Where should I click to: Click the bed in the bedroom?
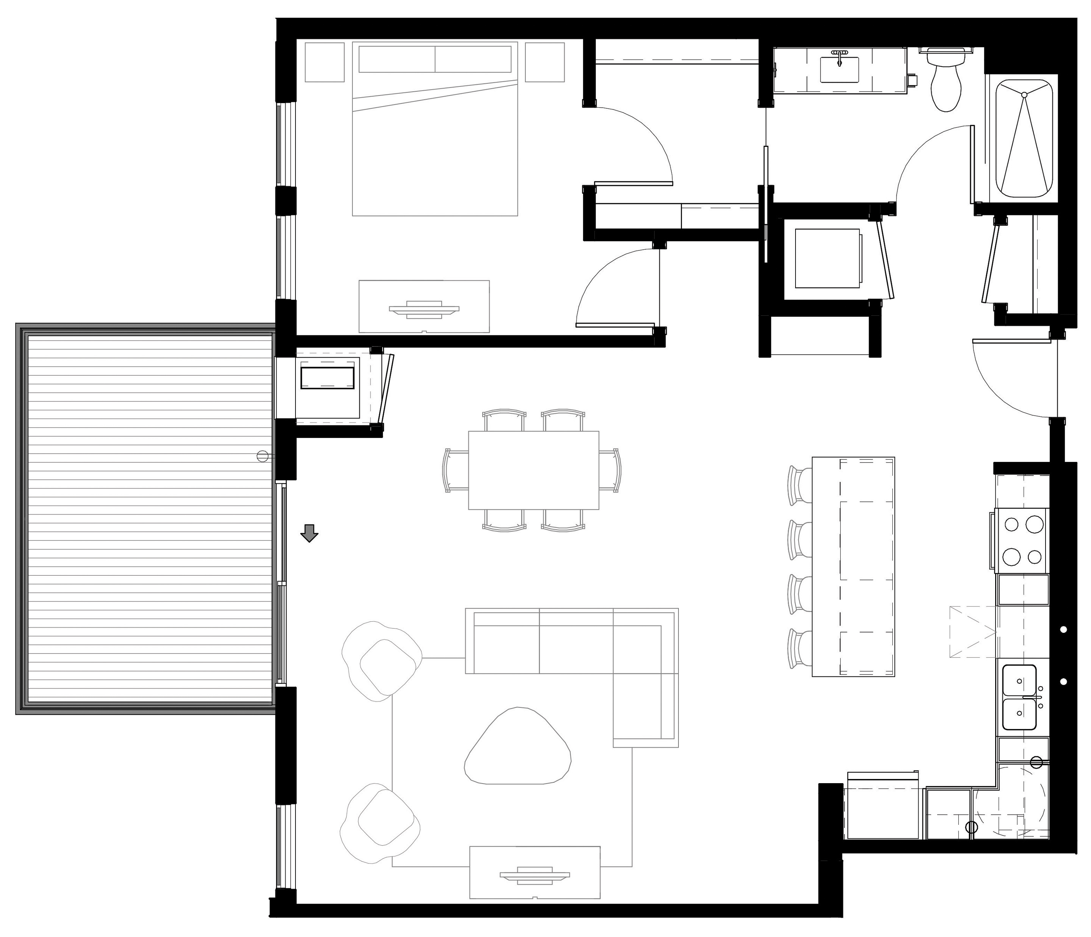435,142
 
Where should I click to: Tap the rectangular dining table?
533,470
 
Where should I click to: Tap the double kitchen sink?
1019,698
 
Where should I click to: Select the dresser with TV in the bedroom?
424,307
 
